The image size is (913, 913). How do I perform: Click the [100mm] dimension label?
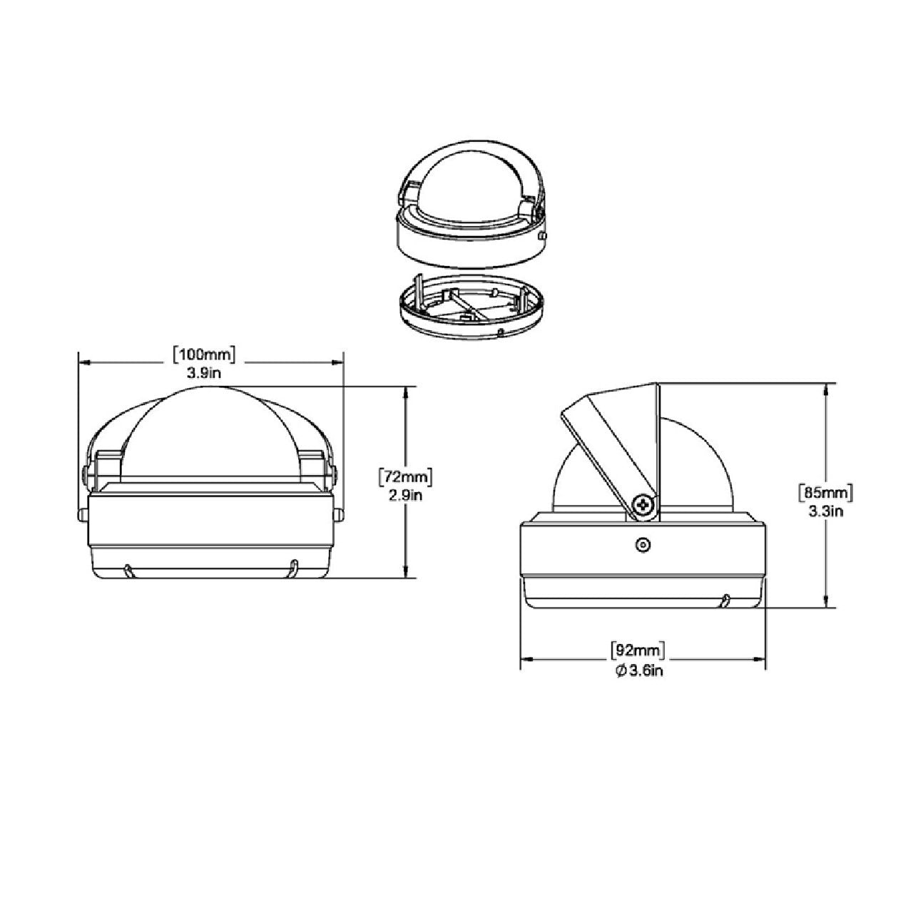pyautogui.click(x=204, y=355)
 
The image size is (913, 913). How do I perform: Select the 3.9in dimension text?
pyautogui.click(x=204, y=373)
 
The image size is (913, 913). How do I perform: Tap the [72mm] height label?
pyautogui.click(x=406, y=477)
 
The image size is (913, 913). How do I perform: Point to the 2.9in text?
pyautogui.click(x=406, y=496)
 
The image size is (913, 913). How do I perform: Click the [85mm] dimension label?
pyautogui.click(x=826, y=493)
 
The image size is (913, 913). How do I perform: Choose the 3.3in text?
pyautogui.click(x=826, y=511)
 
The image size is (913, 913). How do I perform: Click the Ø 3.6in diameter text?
pyautogui.click(x=639, y=670)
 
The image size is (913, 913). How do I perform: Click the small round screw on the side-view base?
pyautogui.click(x=642, y=546)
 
